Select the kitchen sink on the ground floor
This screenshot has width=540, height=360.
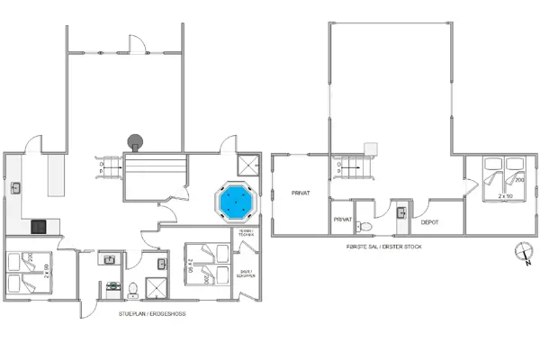(17, 187)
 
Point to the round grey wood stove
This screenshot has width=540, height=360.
(136, 140)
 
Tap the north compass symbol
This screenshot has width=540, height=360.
(520, 254)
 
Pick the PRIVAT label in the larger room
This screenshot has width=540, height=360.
(301, 193)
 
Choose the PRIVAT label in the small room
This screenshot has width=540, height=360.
(342, 219)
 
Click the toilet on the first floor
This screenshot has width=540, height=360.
(362, 226)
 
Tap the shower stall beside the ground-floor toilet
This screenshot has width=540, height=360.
(157, 288)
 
